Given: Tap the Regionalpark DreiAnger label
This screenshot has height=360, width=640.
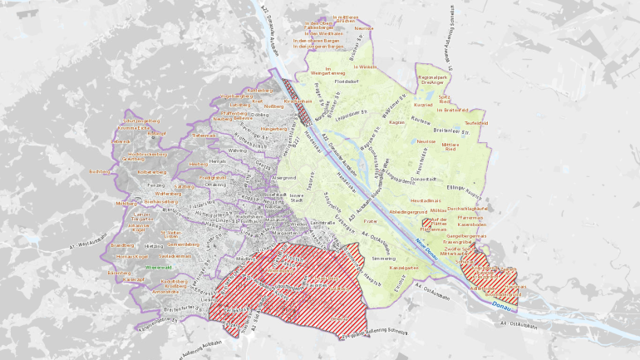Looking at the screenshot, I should pyautogui.click(x=433, y=80).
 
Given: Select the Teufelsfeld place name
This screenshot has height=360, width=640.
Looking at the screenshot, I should pyautogui.click(x=475, y=122).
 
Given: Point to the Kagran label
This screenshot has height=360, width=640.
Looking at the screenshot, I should pyautogui.click(x=396, y=122).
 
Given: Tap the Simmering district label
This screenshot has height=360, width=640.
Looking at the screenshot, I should pyautogui.click(x=384, y=259).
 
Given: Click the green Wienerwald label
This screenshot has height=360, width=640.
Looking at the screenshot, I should pyautogui.click(x=158, y=268).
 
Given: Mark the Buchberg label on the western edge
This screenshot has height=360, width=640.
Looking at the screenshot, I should pyautogui.click(x=99, y=171).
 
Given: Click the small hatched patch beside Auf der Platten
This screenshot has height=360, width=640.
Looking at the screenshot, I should pyautogui.click(x=427, y=223).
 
